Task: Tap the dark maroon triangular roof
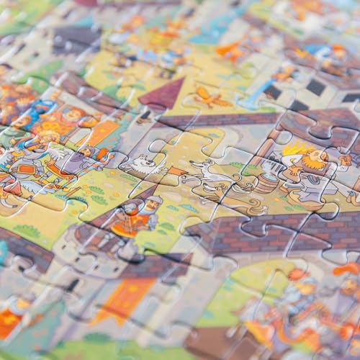pyautogui.click(x=163, y=94)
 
